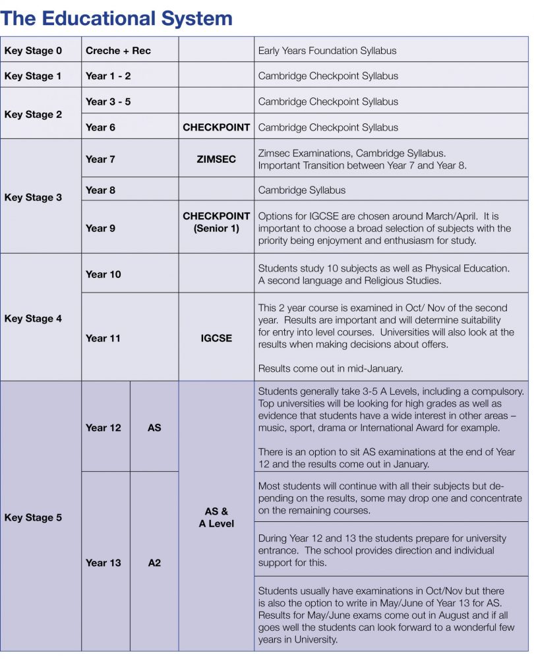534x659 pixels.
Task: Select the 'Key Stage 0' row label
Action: pyautogui.click(x=33, y=51)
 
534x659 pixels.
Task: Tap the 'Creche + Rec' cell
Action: pyautogui.click(x=118, y=51)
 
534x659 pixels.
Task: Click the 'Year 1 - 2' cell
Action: pyautogui.click(x=108, y=76)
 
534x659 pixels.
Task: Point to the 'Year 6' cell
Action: pyautogui.click(x=100, y=127)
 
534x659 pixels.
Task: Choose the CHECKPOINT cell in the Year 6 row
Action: pyautogui.click(x=216, y=127)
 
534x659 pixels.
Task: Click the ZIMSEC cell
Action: pyautogui.click(x=216, y=159)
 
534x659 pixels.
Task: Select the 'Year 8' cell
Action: pyautogui.click(x=100, y=190)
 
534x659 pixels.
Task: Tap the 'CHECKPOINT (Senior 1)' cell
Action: pyautogui.click(x=216, y=222)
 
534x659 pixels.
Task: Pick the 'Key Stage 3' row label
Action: pyautogui.click(x=33, y=197)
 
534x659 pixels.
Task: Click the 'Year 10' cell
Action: pyautogui.click(x=103, y=274)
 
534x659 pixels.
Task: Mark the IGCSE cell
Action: pyautogui.click(x=216, y=338)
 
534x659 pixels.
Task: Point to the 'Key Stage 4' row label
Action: pyautogui.click(x=33, y=318)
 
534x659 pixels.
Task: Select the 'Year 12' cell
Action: pyautogui.click(x=103, y=428)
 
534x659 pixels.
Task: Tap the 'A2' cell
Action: pyautogui.click(x=154, y=563)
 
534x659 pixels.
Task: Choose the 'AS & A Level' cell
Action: pyautogui.click(x=216, y=517)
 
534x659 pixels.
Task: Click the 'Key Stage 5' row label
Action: pyautogui.click(x=33, y=517)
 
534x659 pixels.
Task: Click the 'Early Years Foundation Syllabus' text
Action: pyautogui.click(x=327, y=51)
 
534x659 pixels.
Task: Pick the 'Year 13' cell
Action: pyautogui.click(x=103, y=563)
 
